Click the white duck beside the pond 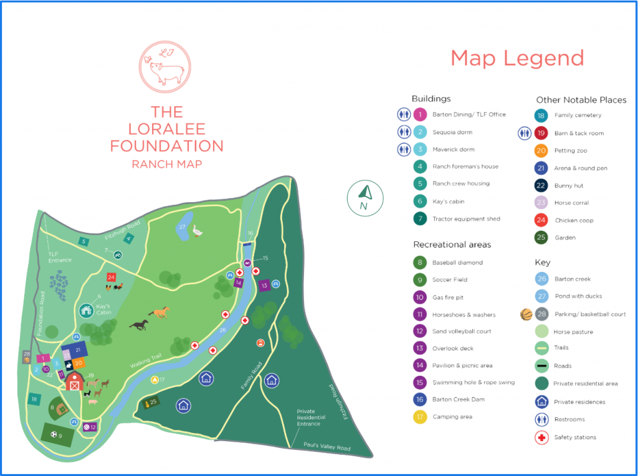click(x=198, y=231)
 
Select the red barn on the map click(x=75, y=381)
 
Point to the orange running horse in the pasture click(x=159, y=312)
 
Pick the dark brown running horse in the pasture click(x=139, y=325)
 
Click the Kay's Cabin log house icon click(x=86, y=310)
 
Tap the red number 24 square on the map click(x=111, y=277)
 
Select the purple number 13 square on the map click(x=264, y=286)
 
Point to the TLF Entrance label click(x=60, y=257)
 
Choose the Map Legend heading click(x=517, y=58)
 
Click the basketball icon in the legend click(x=526, y=314)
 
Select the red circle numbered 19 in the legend click(x=541, y=133)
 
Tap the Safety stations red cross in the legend click(x=541, y=437)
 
